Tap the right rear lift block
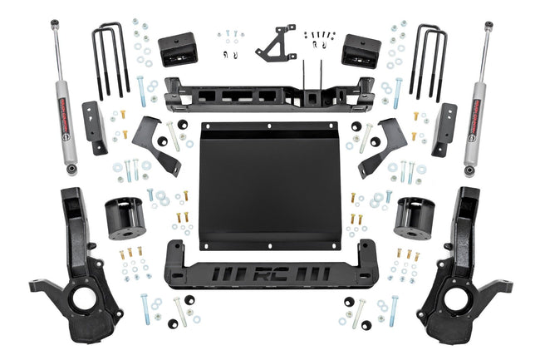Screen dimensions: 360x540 click(x=361, y=51)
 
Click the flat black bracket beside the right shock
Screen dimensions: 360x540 click(x=444, y=129)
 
